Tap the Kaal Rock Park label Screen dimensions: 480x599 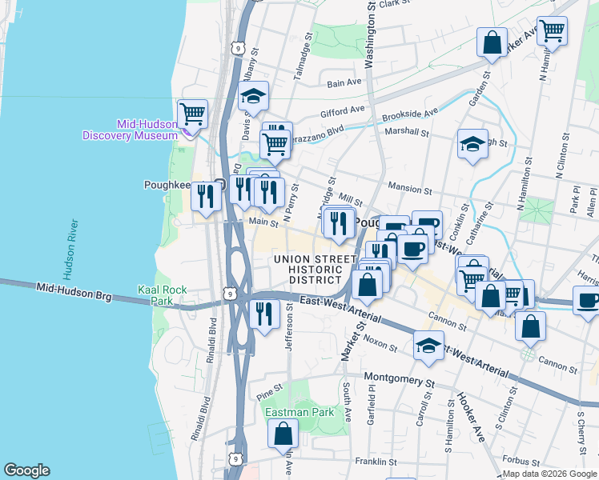click(x=155, y=295)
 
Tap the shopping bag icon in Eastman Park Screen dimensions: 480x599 click(x=283, y=434)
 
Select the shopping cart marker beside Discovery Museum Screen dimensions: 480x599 click(x=192, y=114)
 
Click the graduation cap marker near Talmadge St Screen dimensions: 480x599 click(x=254, y=98)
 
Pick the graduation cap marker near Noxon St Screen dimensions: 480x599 click(x=428, y=346)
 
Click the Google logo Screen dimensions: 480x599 click(x=26, y=470)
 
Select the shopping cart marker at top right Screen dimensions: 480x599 click(x=552, y=31)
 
